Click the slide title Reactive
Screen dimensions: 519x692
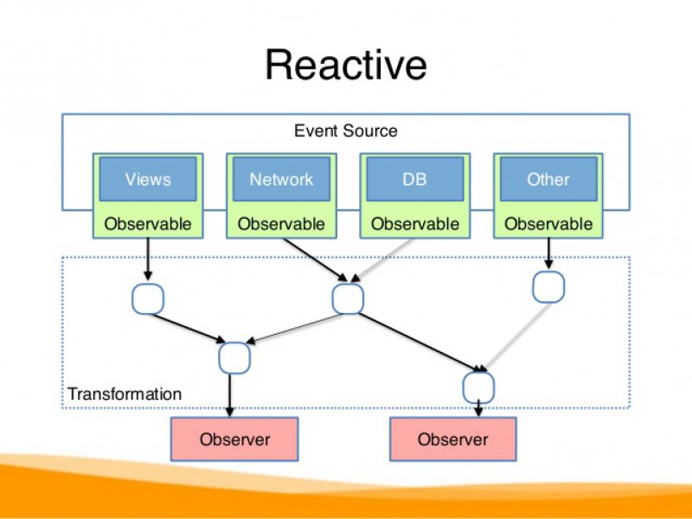coord(345,66)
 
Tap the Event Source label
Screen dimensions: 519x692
coord(346,131)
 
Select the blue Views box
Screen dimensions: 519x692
coord(148,179)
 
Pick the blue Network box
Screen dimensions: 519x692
coord(281,179)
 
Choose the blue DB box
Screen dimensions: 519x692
coord(414,179)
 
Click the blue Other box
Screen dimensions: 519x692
coord(548,179)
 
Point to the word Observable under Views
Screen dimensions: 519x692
coord(148,224)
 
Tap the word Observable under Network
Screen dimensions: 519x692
coord(281,224)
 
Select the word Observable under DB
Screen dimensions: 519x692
coord(414,224)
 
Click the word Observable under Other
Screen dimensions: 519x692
coord(548,224)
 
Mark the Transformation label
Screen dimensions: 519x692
coord(125,394)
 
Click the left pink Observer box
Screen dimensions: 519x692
coord(234,439)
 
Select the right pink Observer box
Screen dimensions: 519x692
coord(452,439)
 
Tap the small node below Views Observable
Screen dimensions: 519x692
coord(148,298)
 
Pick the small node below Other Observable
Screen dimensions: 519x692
coord(548,286)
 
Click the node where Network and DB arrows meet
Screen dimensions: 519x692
coord(348,298)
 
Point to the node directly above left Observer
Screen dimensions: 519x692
coord(234,356)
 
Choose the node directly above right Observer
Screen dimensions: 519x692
coord(477,384)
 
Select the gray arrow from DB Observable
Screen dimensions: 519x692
coord(385,259)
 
